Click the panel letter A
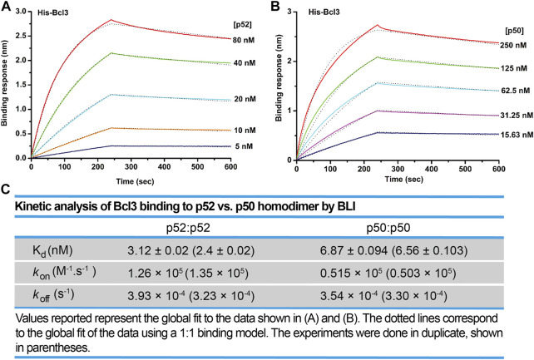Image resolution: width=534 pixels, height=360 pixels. point(7,7)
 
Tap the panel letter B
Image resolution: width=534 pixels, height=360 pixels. point(274,7)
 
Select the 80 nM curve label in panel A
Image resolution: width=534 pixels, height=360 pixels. point(246,39)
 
